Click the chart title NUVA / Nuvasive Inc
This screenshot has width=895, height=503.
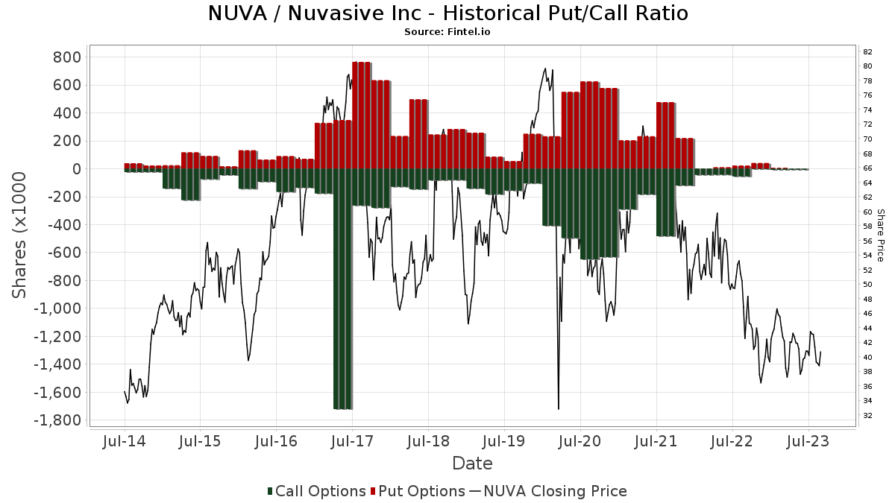click(447, 13)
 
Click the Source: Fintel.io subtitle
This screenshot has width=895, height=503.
click(447, 32)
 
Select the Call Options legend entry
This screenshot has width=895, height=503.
click(316, 491)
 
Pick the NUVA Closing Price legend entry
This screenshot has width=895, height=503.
click(548, 491)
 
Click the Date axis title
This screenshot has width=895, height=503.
click(472, 464)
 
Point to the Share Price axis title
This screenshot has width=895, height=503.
click(880, 235)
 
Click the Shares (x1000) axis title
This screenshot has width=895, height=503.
click(20, 235)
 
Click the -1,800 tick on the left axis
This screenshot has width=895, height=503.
click(58, 420)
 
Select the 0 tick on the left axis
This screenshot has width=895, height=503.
click(77, 169)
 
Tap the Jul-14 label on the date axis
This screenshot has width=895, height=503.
click(125, 441)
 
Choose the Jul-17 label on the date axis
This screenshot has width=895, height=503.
click(352, 441)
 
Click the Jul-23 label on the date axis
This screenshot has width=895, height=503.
click(808, 441)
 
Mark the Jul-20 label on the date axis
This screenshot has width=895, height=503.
click(580, 441)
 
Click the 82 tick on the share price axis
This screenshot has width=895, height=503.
click(867, 52)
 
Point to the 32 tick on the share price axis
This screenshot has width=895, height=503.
click(867, 415)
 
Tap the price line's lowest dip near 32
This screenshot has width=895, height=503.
click(559, 408)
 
